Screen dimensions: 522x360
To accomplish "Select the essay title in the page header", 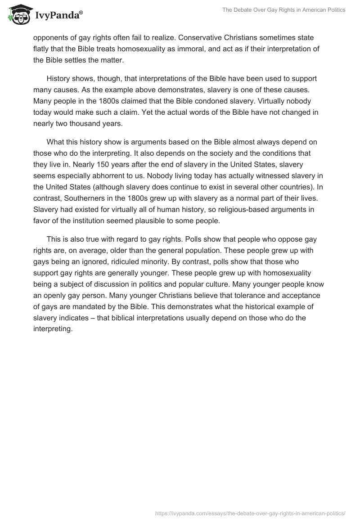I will point(284,10).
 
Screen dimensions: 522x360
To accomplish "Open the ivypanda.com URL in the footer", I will point(250,513).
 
